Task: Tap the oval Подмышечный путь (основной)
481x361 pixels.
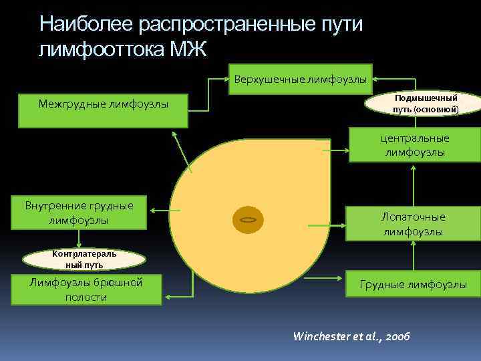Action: click(x=425, y=103)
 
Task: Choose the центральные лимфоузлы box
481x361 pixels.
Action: click(x=414, y=145)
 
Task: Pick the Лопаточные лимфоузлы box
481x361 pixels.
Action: click(x=412, y=224)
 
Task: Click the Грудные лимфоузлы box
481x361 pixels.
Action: click(x=413, y=285)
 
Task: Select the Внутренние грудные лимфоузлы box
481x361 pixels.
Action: click(x=79, y=213)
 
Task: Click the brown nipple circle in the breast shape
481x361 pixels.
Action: click(x=248, y=220)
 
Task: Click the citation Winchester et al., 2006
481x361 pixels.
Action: click(x=352, y=336)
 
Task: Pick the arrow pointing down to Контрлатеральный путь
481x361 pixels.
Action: click(x=79, y=239)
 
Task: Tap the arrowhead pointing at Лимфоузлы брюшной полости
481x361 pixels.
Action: click(x=167, y=293)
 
